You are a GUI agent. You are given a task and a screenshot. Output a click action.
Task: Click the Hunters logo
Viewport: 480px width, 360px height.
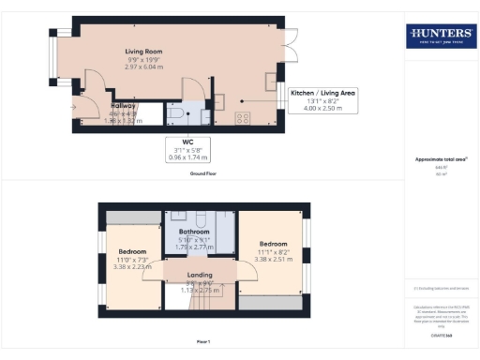click(x=438, y=37)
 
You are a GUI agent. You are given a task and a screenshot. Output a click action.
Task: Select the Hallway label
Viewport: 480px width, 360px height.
click(x=125, y=106)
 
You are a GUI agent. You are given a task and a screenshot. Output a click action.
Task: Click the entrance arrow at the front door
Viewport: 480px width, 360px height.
click(x=73, y=106)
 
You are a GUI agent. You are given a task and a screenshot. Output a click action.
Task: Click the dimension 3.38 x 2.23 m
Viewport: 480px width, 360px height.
click(x=132, y=267)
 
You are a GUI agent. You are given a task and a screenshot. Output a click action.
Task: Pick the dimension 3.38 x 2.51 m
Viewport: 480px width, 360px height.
click(x=274, y=260)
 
